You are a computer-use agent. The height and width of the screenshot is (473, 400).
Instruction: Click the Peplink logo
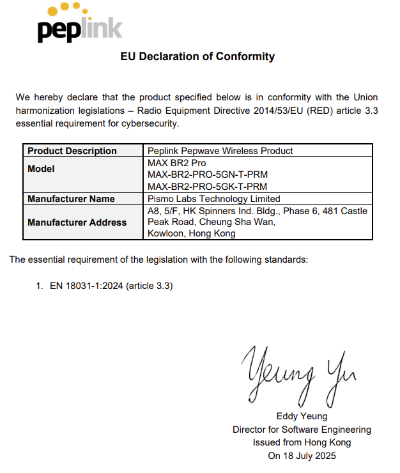80,24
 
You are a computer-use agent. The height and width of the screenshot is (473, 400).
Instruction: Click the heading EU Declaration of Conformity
197,56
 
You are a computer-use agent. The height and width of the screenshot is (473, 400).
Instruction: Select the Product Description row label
72,151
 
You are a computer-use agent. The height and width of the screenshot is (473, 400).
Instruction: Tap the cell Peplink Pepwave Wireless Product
220,151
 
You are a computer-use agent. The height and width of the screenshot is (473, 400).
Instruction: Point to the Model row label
42,169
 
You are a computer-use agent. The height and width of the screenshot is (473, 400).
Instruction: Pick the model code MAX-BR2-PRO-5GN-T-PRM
207,174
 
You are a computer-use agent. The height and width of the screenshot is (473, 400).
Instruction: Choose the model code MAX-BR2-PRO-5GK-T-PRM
207,187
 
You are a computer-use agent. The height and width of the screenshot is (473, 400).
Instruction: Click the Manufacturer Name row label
71,199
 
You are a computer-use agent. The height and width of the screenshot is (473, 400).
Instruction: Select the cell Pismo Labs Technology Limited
214,199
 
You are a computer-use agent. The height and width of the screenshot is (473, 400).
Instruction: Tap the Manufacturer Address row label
77,222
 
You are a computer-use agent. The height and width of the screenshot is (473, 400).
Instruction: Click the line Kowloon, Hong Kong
192,234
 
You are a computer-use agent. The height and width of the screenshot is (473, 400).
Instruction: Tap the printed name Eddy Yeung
302,416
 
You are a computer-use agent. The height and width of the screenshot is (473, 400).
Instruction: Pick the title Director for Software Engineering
302,430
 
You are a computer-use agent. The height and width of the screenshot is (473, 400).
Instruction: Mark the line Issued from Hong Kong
302,443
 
